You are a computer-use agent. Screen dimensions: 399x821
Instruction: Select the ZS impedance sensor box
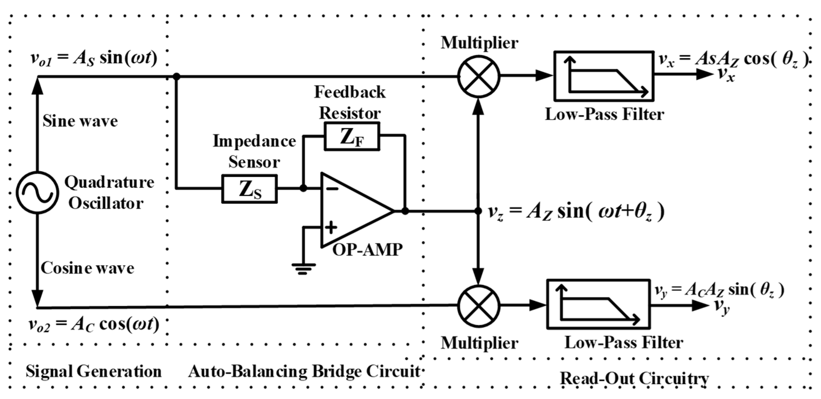click(x=249, y=189)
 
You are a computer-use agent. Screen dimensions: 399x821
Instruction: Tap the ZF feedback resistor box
click(x=352, y=136)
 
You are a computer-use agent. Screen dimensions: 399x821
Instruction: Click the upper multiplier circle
click(x=478, y=76)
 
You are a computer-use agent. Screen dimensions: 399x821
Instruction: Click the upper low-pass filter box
click(x=604, y=76)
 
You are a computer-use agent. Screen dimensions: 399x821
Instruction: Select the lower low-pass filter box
click(x=598, y=304)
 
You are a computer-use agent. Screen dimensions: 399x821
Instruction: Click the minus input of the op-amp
click(x=332, y=189)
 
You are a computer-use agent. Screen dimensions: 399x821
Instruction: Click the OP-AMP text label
click(x=367, y=250)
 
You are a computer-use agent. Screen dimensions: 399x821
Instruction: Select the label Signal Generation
click(x=94, y=371)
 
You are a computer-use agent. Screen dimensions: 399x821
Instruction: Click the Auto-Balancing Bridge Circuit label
click(x=304, y=371)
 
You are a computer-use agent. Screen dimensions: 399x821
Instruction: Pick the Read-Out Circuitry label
click(x=634, y=379)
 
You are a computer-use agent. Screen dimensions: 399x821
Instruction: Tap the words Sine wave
click(x=80, y=121)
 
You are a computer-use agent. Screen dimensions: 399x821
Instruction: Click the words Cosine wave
click(x=87, y=268)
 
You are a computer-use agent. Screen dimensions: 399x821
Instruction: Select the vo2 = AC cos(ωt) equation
click(x=94, y=325)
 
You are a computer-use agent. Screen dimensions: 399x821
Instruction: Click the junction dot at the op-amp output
click(x=405, y=211)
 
